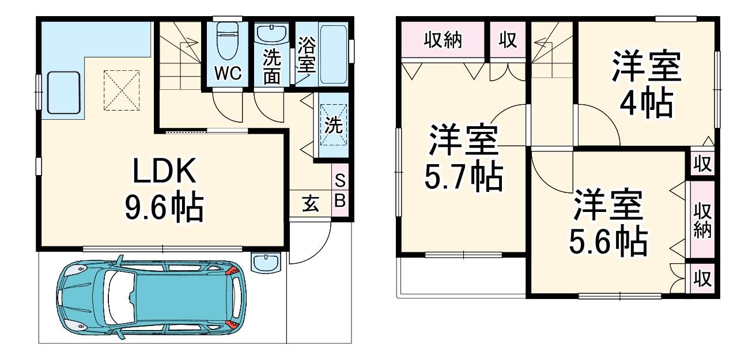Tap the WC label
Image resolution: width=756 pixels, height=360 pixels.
point(228,73)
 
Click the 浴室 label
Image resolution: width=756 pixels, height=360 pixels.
point(307,55)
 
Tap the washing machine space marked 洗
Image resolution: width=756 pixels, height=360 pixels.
point(332,126)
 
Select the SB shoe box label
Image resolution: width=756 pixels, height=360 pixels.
point(340,191)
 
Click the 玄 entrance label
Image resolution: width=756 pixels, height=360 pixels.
point(311,204)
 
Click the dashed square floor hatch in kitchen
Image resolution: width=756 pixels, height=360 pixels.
point(122,90)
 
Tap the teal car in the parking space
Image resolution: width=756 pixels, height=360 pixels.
point(150,298)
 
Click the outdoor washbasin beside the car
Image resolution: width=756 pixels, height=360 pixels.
point(267,262)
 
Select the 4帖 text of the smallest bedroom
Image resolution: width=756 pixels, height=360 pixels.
point(646,104)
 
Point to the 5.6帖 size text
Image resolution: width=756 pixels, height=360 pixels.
point(608,242)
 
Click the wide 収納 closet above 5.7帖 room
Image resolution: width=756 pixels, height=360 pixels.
point(443,40)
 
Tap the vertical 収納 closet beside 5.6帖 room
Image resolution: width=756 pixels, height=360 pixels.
point(702,219)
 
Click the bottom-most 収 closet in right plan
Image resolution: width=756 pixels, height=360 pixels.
point(702,279)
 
